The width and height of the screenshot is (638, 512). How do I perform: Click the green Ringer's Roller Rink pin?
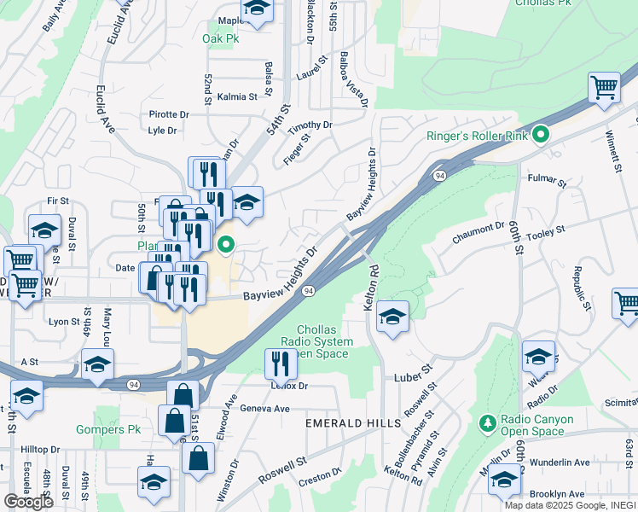(x=541, y=135)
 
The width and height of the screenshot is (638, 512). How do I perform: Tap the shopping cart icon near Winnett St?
(x=604, y=87)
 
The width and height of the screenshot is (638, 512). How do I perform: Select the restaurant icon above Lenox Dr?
(x=281, y=364)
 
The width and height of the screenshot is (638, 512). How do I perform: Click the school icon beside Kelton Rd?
(x=391, y=317)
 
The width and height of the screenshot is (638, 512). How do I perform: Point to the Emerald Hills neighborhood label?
(x=353, y=423)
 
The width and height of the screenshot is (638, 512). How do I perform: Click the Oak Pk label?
(x=219, y=38)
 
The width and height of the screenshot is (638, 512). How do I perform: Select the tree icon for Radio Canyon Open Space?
(x=487, y=423)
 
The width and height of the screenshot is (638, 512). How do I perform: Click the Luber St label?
(x=415, y=376)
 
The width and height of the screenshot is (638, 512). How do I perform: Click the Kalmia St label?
(x=237, y=97)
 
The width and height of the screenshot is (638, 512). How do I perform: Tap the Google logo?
(x=28, y=501)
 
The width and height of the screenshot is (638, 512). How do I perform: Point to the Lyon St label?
(x=64, y=322)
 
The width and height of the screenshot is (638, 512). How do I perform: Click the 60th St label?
(x=518, y=240)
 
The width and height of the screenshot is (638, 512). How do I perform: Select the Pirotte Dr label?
(x=169, y=114)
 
